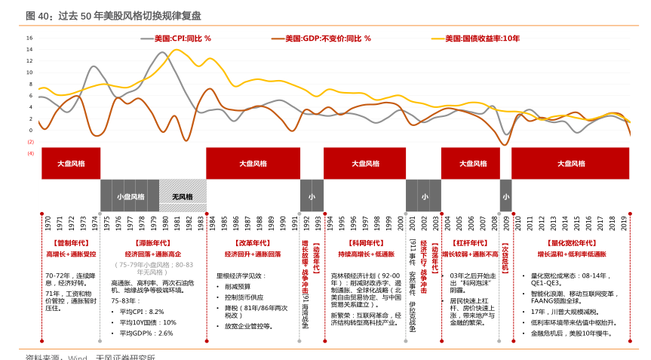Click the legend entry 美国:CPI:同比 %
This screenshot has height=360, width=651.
click(x=182, y=38)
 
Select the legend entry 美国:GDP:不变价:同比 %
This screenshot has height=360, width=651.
click(x=322, y=38)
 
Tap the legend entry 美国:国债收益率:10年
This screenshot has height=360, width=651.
click(x=481, y=38)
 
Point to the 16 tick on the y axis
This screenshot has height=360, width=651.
click(x=29, y=38)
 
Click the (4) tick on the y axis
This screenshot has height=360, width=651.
click(x=30, y=153)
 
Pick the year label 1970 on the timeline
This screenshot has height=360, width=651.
click(x=48, y=223)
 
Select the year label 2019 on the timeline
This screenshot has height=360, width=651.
click(x=625, y=223)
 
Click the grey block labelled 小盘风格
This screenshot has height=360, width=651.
click(x=129, y=196)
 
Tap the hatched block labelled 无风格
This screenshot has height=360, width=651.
click(x=182, y=196)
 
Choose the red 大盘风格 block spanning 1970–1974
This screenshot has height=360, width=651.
click(x=71, y=163)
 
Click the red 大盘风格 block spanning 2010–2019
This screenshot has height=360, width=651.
click(x=570, y=163)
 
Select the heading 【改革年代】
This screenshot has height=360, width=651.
click(x=253, y=243)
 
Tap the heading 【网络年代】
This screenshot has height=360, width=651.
click(x=366, y=243)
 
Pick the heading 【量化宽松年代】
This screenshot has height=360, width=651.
click(x=572, y=243)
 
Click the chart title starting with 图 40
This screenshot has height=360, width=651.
click(x=113, y=16)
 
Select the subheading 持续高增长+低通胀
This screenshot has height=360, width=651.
click(x=366, y=254)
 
